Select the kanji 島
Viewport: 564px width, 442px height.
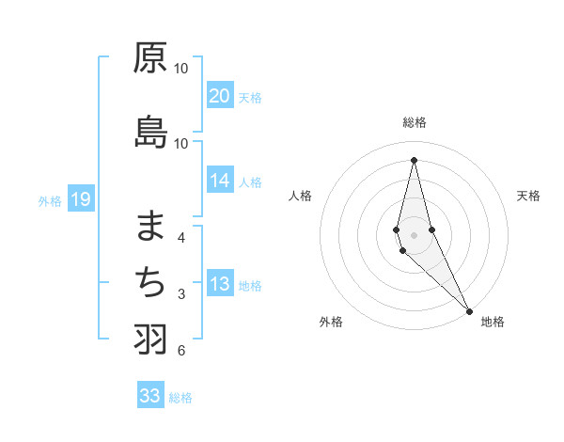pos(150,133)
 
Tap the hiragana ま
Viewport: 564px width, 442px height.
pos(150,225)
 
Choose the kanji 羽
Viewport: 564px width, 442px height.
pos(150,339)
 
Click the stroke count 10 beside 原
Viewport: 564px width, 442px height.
pos(181,69)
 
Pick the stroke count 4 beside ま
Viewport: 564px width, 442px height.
pos(181,237)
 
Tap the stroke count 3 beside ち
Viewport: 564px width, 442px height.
pos(181,294)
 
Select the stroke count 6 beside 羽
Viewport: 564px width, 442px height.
pos(181,351)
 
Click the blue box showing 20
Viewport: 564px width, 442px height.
pos(219,96)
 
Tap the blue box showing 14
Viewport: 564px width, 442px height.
pos(219,182)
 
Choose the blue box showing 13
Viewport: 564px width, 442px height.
pos(219,285)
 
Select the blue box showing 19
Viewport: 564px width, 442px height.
pos(80,199)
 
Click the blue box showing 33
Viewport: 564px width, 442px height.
pos(150,396)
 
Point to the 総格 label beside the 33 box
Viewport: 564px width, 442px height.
pos(180,398)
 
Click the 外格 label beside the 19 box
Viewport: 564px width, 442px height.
pos(50,200)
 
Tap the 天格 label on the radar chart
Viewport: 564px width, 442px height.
pos(528,196)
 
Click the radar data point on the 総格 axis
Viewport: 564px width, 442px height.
pos(414,159)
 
